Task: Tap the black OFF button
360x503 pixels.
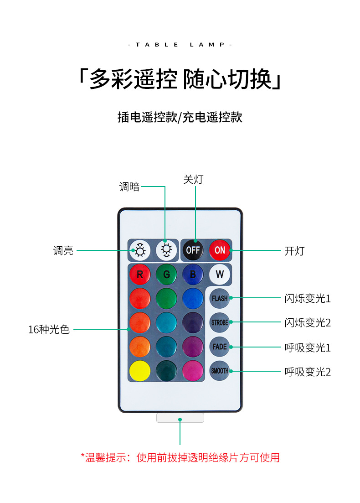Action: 193,250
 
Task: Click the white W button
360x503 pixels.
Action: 220,275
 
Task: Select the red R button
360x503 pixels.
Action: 139,275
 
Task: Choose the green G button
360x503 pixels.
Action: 166,275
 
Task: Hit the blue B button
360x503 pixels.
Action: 193,275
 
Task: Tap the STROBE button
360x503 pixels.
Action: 220,322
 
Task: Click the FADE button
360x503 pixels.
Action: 220,347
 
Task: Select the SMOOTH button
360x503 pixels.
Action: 220,371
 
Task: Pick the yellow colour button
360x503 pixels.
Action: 139,371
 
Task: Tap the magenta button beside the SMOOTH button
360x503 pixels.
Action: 193,371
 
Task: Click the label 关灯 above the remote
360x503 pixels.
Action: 193,180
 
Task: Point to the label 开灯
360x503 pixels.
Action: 294,251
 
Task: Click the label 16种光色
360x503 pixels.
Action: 49,329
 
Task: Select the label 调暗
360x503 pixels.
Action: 129,187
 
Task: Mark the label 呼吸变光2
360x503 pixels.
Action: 308,372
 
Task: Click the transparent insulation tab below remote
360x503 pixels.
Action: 180,418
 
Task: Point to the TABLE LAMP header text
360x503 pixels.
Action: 180,45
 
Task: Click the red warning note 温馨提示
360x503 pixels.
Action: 180,457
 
